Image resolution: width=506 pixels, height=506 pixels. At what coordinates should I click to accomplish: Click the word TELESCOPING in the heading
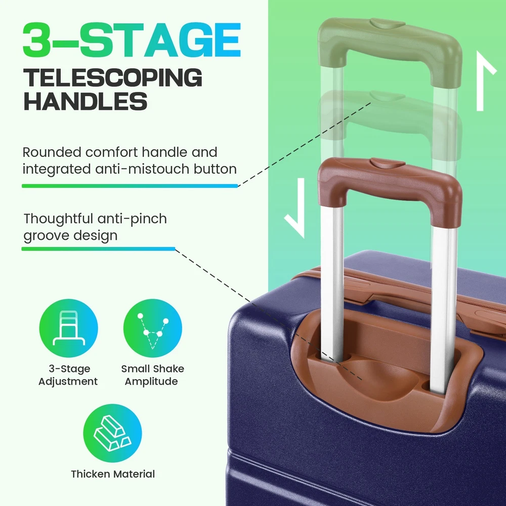coord(113,77)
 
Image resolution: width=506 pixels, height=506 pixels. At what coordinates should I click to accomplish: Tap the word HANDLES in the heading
coord(86,101)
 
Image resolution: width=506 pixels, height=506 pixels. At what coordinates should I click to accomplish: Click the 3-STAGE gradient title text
coord(132,39)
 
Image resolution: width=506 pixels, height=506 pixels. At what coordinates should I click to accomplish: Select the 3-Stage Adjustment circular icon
coord(68,328)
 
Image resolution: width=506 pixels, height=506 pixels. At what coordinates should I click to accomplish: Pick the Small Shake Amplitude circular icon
coord(153,328)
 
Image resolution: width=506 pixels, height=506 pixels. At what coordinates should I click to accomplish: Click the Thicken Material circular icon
coord(112,433)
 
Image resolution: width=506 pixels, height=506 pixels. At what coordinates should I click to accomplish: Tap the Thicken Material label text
coord(113,474)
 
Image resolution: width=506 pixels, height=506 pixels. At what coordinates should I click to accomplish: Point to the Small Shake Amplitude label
coord(153,375)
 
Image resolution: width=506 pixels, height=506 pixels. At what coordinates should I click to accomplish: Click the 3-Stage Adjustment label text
coord(68,375)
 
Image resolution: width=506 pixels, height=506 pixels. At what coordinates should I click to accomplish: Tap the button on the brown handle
coord(387,162)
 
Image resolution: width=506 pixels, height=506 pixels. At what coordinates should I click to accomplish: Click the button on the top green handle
coord(387,24)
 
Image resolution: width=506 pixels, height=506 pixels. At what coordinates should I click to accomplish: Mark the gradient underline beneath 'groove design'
coord(99,249)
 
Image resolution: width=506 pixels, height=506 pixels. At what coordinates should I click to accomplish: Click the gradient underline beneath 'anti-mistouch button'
coord(130,186)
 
